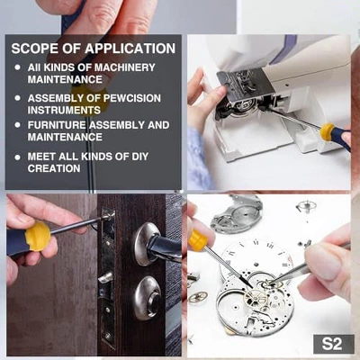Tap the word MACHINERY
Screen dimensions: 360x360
pos(124,67)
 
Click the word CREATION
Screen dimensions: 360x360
pos(54,168)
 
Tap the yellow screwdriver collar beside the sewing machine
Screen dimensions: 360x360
pos(329,133)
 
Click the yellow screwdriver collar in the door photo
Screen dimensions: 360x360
pos(37,236)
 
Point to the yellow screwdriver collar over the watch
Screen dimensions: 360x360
pos(197,240)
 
